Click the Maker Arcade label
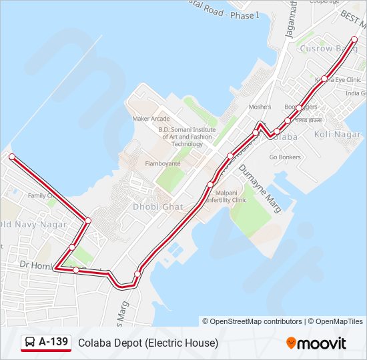[151, 119]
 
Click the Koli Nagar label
[337, 134]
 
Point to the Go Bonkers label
[285, 157]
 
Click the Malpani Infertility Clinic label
[226, 196]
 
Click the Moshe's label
[260, 107]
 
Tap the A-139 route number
[53, 343]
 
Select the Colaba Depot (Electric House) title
[148, 343]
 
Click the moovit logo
[316, 343]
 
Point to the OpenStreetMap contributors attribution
[252, 321]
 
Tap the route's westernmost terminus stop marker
[11, 157]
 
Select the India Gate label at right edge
[355, 94]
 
